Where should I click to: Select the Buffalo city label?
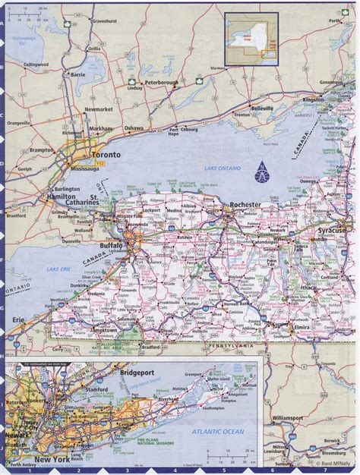point(111,247)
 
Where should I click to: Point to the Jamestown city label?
point(99,331)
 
